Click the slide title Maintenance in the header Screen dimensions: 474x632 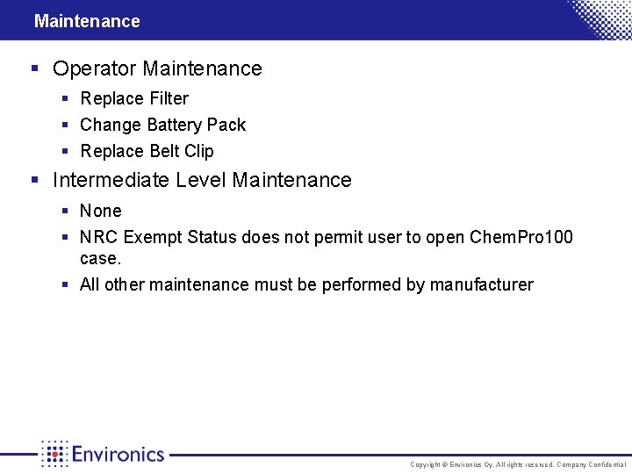point(87,21)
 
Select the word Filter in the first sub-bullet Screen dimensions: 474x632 point(168,98)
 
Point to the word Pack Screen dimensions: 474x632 point(226,125)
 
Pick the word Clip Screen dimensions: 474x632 point(199,151)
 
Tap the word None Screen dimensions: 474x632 point(101,211)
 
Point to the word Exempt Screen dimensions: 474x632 point(154,238)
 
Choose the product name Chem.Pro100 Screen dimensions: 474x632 point(521,238)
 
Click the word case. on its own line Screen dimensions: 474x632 point(100,259)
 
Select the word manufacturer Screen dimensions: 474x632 point(481,284)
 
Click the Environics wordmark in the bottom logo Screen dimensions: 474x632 point(118,454)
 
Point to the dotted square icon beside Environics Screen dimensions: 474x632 point(54,454)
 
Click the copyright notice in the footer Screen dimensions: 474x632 point(518,464)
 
